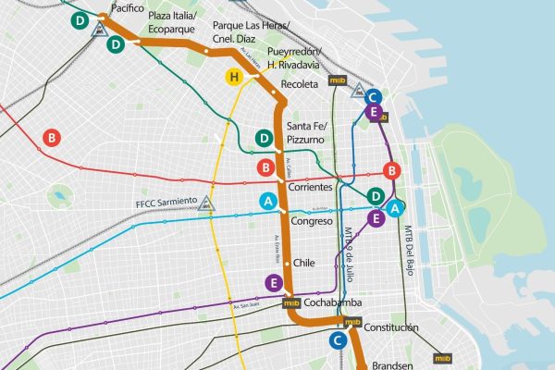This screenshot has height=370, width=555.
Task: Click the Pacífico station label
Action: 127,7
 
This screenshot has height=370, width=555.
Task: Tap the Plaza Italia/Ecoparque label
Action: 175,22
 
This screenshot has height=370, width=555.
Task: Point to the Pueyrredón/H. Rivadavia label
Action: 294,58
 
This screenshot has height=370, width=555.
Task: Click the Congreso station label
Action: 312,222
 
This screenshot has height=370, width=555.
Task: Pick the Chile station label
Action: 304,263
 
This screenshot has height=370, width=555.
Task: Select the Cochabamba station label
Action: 334,302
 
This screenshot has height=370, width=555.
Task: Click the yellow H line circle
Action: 235,77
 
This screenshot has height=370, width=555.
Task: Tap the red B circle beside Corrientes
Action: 266,168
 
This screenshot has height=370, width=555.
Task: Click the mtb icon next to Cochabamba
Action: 291,302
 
